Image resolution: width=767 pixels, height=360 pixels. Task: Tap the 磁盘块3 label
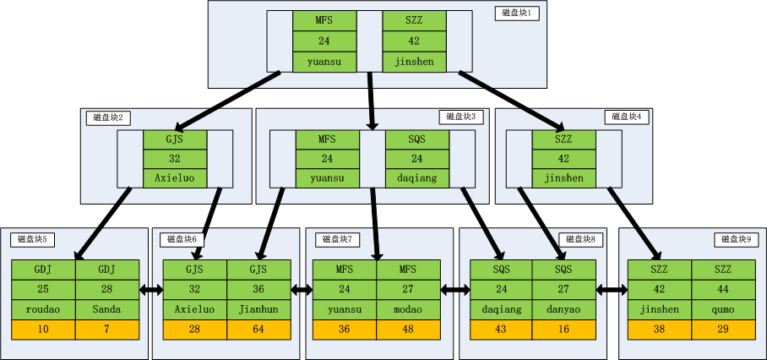[461, 117]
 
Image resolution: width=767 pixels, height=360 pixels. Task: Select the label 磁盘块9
[737, 240]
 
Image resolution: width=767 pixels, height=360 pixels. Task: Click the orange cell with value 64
[258, 330]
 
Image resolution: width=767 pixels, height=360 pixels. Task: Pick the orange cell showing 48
[408, 330]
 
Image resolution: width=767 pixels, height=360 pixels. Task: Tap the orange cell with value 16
[563, 330]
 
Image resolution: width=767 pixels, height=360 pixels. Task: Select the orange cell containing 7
[107, 330]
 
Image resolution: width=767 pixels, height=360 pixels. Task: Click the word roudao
[43, 309]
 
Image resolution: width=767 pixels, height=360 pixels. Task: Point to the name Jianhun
[258, 309]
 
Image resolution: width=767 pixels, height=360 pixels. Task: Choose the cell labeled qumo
[724, 309]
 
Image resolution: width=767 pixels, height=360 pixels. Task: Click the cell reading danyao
[563, 309]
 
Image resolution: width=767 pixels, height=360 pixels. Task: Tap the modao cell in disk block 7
[408, 309]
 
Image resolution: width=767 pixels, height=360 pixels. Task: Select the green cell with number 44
[724, 289]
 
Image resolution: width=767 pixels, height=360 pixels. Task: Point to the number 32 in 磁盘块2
[175, 159]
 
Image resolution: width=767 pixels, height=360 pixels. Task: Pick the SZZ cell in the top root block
[414, 20]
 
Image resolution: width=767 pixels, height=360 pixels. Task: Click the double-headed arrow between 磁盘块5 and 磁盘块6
[150, 290]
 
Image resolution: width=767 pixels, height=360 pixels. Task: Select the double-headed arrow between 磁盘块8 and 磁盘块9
[612, 290]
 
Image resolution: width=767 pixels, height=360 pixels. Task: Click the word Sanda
[107, 309]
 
